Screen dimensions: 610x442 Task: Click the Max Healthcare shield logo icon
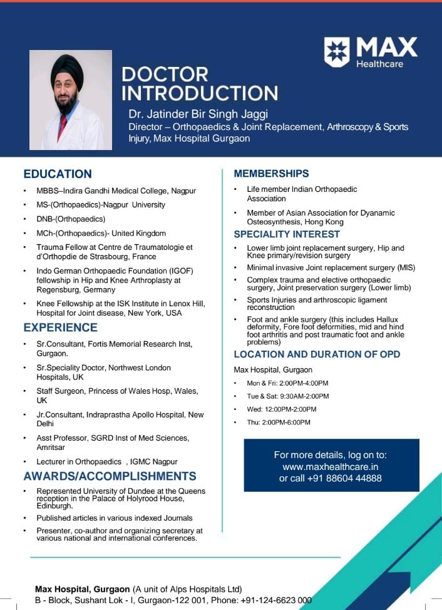pos(337,52)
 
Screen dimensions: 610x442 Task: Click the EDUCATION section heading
pos(58,174)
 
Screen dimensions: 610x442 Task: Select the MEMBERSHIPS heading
pos(271,173)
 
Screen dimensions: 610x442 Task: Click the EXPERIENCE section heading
pos(60,327)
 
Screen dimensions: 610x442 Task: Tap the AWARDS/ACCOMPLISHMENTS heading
pos(110,476)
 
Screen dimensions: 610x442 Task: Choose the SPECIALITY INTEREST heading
pos(287,234)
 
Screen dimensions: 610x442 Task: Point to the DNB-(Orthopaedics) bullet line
pos(71,219)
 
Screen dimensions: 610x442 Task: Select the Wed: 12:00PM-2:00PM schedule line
pos(282,409)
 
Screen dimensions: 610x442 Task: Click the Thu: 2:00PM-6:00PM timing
pos(279,422)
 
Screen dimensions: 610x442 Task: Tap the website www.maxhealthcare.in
pos(330,466)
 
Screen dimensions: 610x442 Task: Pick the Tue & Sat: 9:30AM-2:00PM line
pos(288,396)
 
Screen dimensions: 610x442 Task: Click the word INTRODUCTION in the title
pos(200,93)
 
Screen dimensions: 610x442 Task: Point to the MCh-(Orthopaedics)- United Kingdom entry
pos(101,233)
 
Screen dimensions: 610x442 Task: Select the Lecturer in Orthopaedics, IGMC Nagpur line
pos(107,461)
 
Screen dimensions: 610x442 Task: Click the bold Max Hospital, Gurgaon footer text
pos(83,589)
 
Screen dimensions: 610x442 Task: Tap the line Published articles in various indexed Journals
pos(115,518)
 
